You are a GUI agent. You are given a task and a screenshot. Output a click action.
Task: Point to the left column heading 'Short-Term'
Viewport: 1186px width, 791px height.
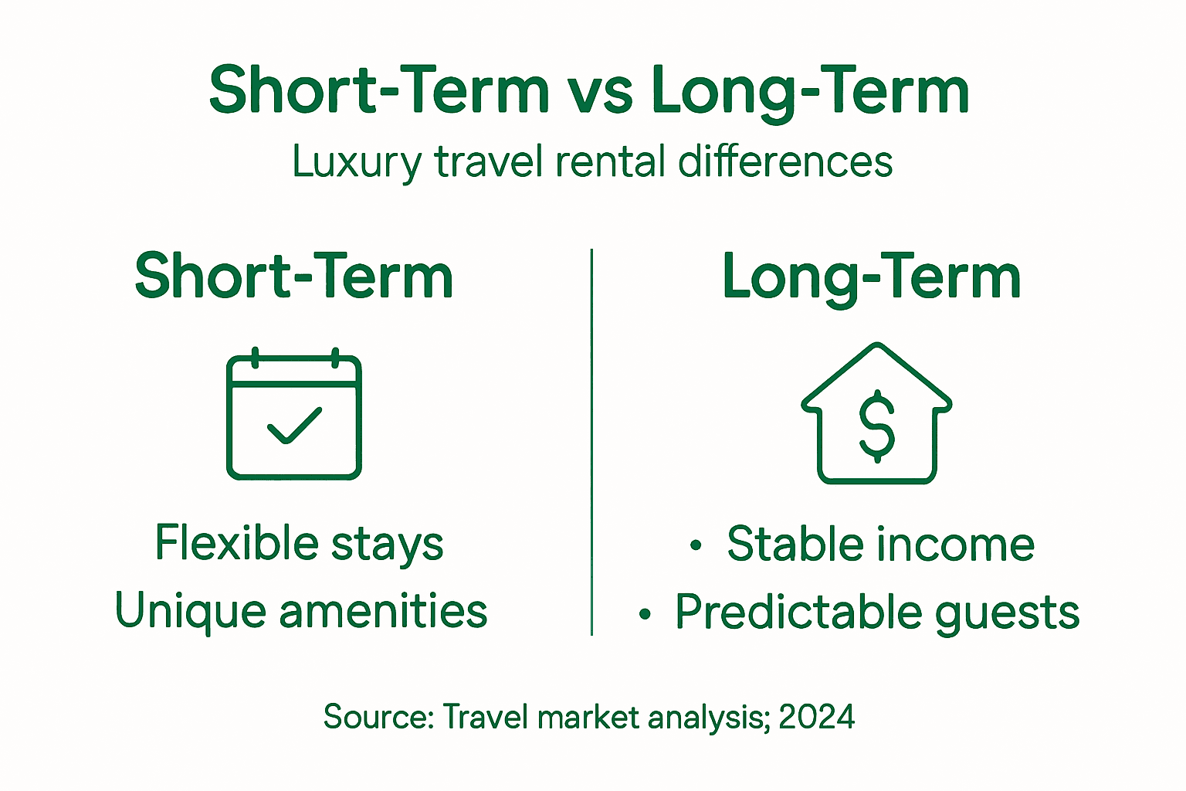(x=293, y=277)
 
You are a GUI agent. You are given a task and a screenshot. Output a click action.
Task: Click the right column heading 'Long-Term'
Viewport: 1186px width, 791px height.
(x=871, y=277)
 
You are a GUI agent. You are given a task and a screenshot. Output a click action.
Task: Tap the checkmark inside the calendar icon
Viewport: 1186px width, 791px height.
(x=294, y=426)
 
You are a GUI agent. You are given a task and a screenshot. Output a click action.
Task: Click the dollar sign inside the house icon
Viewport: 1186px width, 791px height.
(x=877, y=426)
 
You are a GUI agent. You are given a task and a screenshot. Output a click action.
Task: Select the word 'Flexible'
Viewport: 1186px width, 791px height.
(x=237, y=542)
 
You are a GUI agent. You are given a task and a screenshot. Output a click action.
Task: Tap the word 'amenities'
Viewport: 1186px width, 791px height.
(x=383, y=611)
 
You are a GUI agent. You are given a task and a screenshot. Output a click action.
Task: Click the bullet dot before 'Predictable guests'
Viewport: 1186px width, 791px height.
(x=645, y=615)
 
